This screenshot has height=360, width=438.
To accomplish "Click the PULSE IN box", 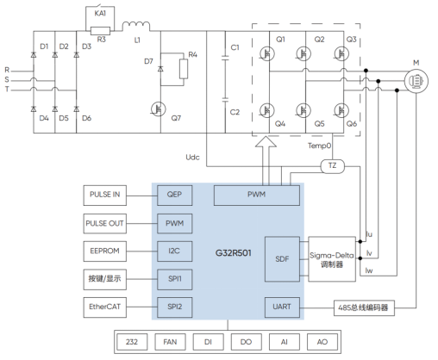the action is [105, 196].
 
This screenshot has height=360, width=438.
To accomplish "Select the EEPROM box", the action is [105, 251].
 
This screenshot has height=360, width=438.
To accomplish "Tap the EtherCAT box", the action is [105, 307].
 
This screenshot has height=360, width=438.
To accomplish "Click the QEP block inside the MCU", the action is [175, 196].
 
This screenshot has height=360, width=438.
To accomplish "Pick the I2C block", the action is [175, 251].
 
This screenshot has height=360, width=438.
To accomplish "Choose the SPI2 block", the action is [175, 307].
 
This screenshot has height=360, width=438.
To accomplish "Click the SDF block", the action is [282, 259].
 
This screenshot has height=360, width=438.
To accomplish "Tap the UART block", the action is [282, 307].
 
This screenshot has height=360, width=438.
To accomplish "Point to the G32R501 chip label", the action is [234, 253].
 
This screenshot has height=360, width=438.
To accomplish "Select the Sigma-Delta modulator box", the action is [332, 259].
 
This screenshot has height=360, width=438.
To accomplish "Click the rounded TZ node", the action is [332, 166].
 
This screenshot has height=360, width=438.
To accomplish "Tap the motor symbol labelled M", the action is [416, 81].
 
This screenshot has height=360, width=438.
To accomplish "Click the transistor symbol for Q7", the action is [159, 109].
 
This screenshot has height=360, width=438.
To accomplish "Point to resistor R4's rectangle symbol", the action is [184, 69].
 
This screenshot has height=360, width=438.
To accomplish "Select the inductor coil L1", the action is [136, 26].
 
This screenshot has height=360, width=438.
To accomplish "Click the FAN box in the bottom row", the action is [170, 342].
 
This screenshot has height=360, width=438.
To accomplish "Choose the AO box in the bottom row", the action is [322, 342].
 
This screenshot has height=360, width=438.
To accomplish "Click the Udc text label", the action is [192, 158].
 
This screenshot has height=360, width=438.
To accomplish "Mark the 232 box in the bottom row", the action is [132, 342].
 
